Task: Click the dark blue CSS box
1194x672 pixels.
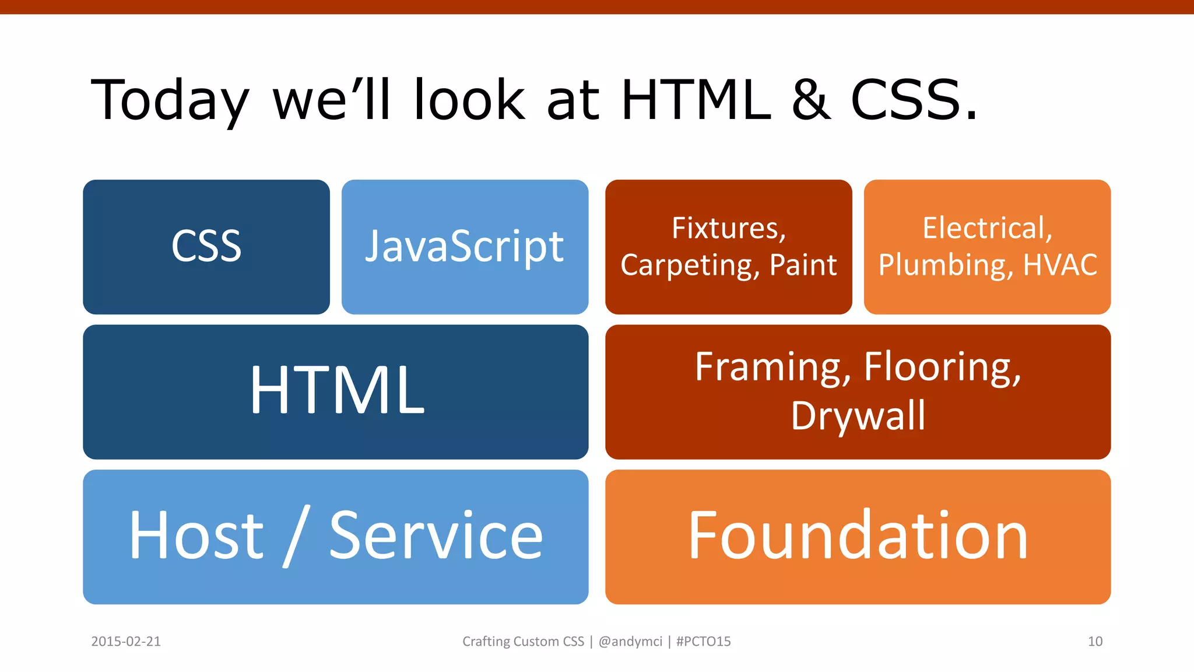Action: coord(206,247)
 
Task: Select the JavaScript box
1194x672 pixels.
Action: coord(465,247)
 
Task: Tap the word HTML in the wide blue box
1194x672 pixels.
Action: coord(337,390)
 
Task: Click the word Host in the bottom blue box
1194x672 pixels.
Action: coord(196,535)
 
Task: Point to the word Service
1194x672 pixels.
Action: coord(436,535)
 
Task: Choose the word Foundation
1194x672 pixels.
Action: coord(858,535)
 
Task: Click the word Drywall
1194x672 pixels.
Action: coord(858,416)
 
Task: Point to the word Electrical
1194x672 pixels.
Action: coord(987,228)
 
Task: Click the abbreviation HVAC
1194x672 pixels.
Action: coord(1060,265)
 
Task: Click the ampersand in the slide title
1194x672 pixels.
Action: coord(811,100)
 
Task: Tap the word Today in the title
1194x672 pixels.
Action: coord(170,100)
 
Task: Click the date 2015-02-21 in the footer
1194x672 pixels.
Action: coord(126,642)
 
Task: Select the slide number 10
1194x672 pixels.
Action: coord(1095,642)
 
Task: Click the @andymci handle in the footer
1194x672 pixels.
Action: coord(630,642)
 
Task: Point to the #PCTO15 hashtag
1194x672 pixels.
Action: coord(703,642)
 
